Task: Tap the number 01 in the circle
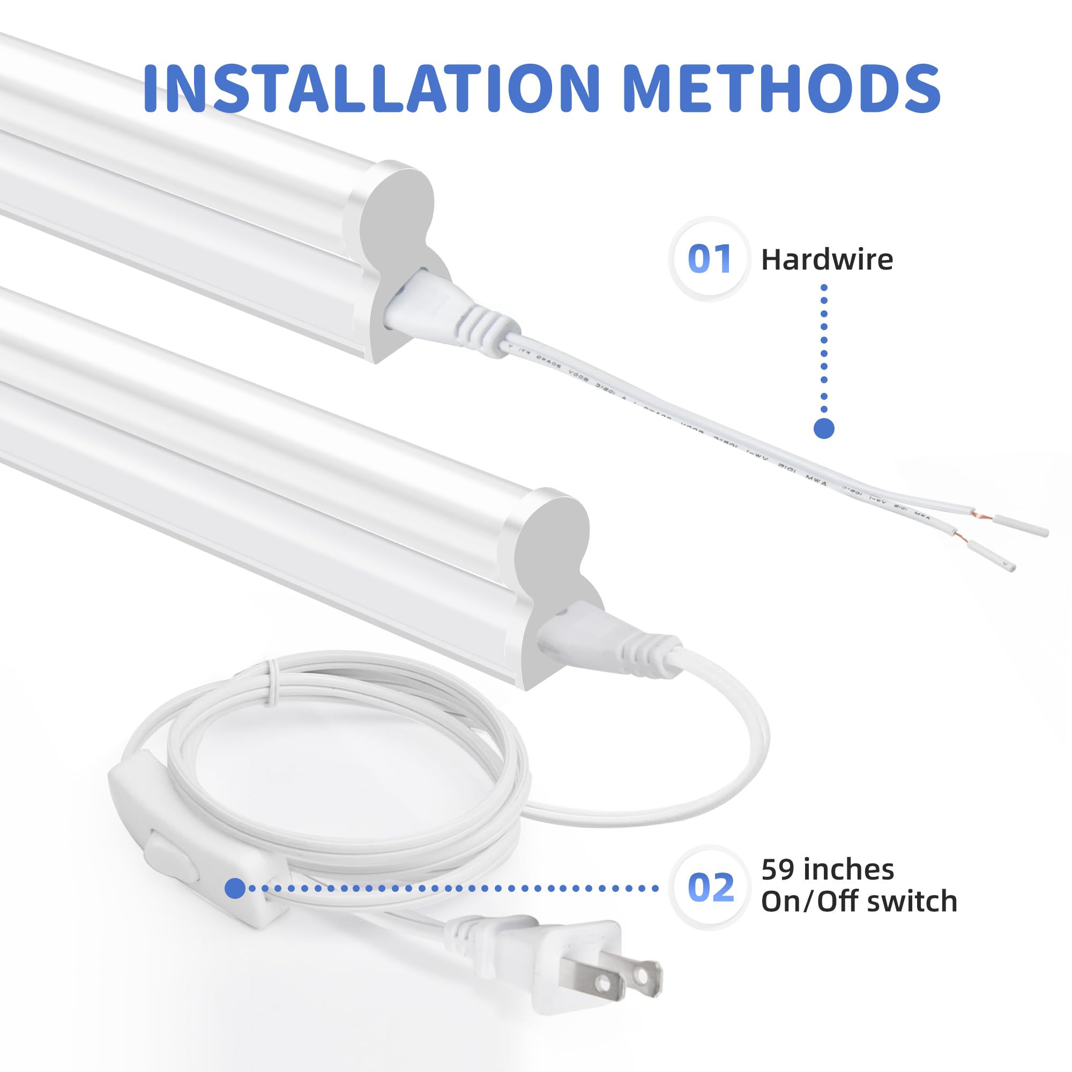click(709, 258)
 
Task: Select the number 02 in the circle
click(710, 888)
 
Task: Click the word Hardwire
click(827, 259)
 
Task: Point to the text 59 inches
click(827, 869)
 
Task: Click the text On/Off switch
click(859, 902)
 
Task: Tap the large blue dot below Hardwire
click(824, 428)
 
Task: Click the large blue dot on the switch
click(235, 888)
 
